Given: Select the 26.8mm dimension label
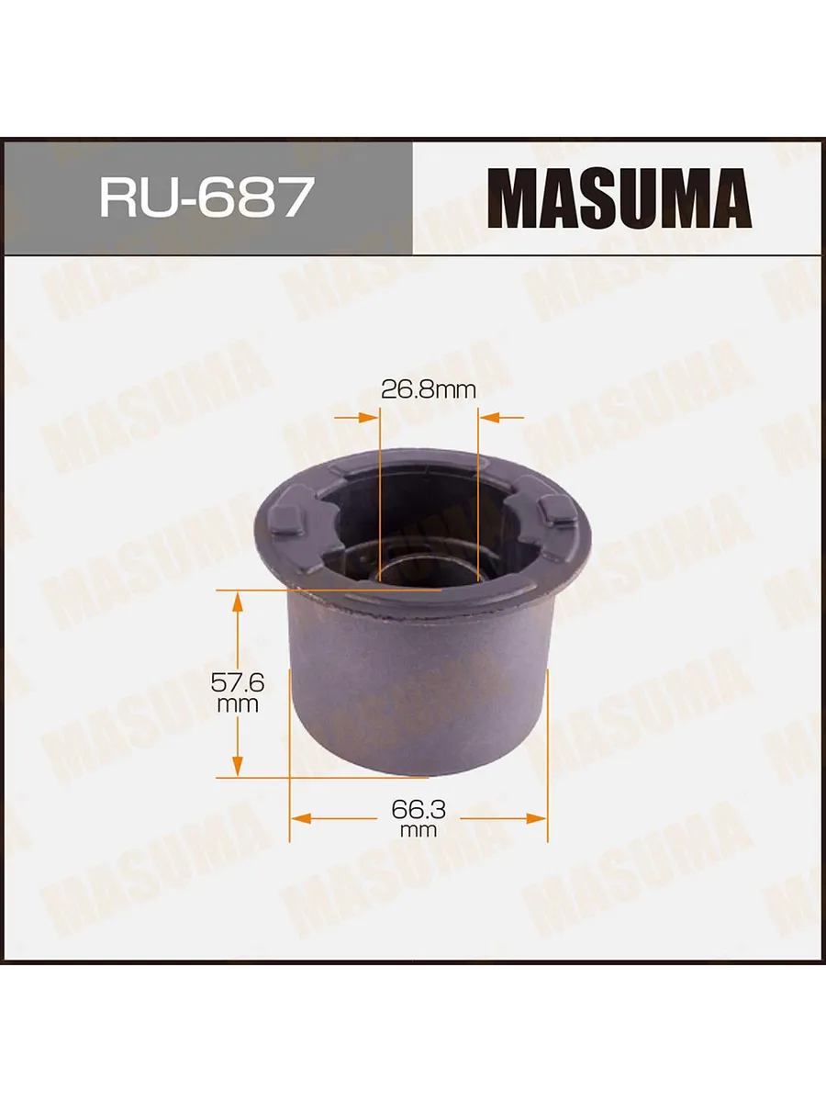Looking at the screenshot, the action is coord(428,389).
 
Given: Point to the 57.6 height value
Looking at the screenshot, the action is coord(238,681).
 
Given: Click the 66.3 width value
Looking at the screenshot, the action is coord(419,807).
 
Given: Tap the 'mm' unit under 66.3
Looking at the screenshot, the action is coord(419,830).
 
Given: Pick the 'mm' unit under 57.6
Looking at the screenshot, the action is coord(238,704).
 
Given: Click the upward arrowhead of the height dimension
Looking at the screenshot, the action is coord(238,601).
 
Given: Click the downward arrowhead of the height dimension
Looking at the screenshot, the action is coord(238,766).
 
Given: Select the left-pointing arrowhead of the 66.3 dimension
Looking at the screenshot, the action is coord(301,818).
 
